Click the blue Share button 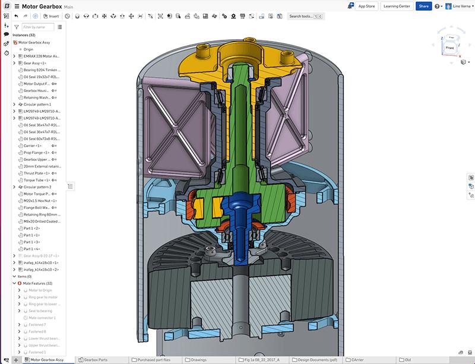click(x=423, y=6)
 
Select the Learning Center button click(x=397, y=6)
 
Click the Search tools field click(x=303, y=16)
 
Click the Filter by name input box click(x=37, y=27)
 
